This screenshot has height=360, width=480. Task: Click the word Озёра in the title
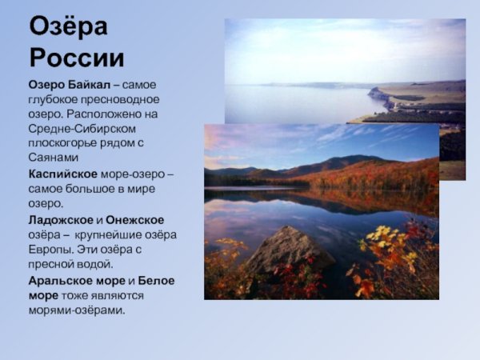coord(69,27)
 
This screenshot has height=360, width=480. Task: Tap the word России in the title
coord(77,58)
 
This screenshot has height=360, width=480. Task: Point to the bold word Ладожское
coord(60,219)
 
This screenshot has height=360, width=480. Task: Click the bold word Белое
coord(157,280)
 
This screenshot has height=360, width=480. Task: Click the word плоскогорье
coord(62,143)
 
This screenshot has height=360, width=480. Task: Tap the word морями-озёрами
coord(77,310)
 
